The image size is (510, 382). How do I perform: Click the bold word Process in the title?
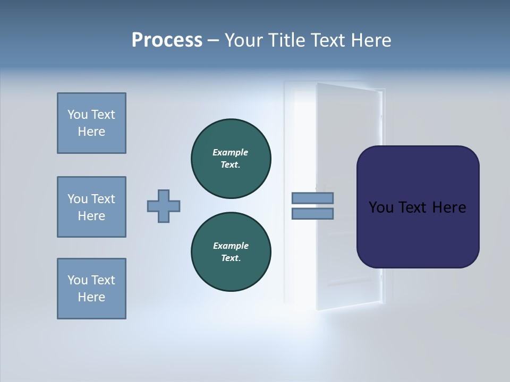click(x=167, y=40)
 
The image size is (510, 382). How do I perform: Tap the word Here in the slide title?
click(x=371, y=40)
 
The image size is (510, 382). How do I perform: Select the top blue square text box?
click(x=91, y=123)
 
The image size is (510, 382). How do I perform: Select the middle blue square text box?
click(x=91, y=207)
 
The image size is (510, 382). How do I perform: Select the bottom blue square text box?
click(x=91, y=289)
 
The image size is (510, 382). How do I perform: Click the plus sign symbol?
click(x=164, y=206)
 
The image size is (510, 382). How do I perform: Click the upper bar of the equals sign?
click(x=312, y=198)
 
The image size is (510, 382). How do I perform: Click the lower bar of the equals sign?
click(x=312, y=214)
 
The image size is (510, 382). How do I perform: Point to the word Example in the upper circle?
click(x=231, y=152)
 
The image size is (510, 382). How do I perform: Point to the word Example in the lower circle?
click(x=231, y=246)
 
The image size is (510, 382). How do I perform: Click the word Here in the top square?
click(x=91, y=132)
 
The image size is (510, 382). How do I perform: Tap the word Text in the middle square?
click(x=103, y=199)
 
